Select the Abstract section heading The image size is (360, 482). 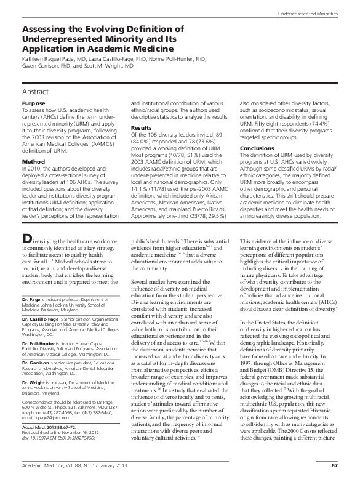tap(36, 91)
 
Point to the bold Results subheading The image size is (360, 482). tap(142, 127)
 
